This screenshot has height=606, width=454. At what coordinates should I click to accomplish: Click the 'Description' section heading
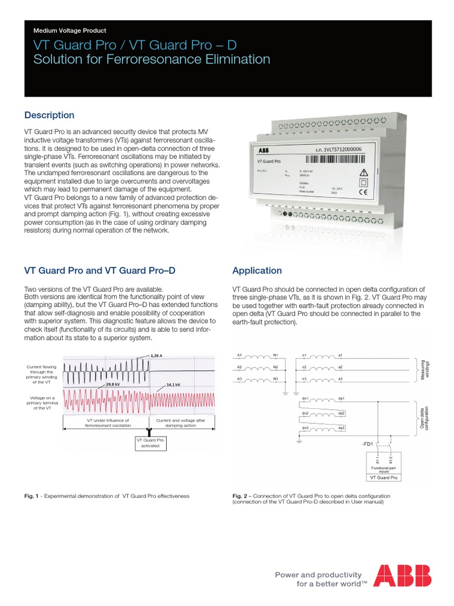[49, 115]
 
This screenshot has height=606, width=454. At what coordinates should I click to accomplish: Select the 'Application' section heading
[257, 270]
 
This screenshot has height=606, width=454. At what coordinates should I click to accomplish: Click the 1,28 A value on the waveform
[157, 355]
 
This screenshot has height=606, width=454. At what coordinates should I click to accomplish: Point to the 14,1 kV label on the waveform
[173, 385]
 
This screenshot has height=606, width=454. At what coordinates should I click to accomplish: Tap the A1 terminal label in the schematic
[239, 355]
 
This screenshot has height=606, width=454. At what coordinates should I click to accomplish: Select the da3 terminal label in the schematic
[342, 427]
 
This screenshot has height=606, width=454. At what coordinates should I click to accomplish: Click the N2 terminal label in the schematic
[275, 367]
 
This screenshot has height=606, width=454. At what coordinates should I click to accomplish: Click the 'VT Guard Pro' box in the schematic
[383, 477]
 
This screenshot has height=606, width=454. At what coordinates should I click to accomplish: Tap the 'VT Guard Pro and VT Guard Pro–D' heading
[99, 270]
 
